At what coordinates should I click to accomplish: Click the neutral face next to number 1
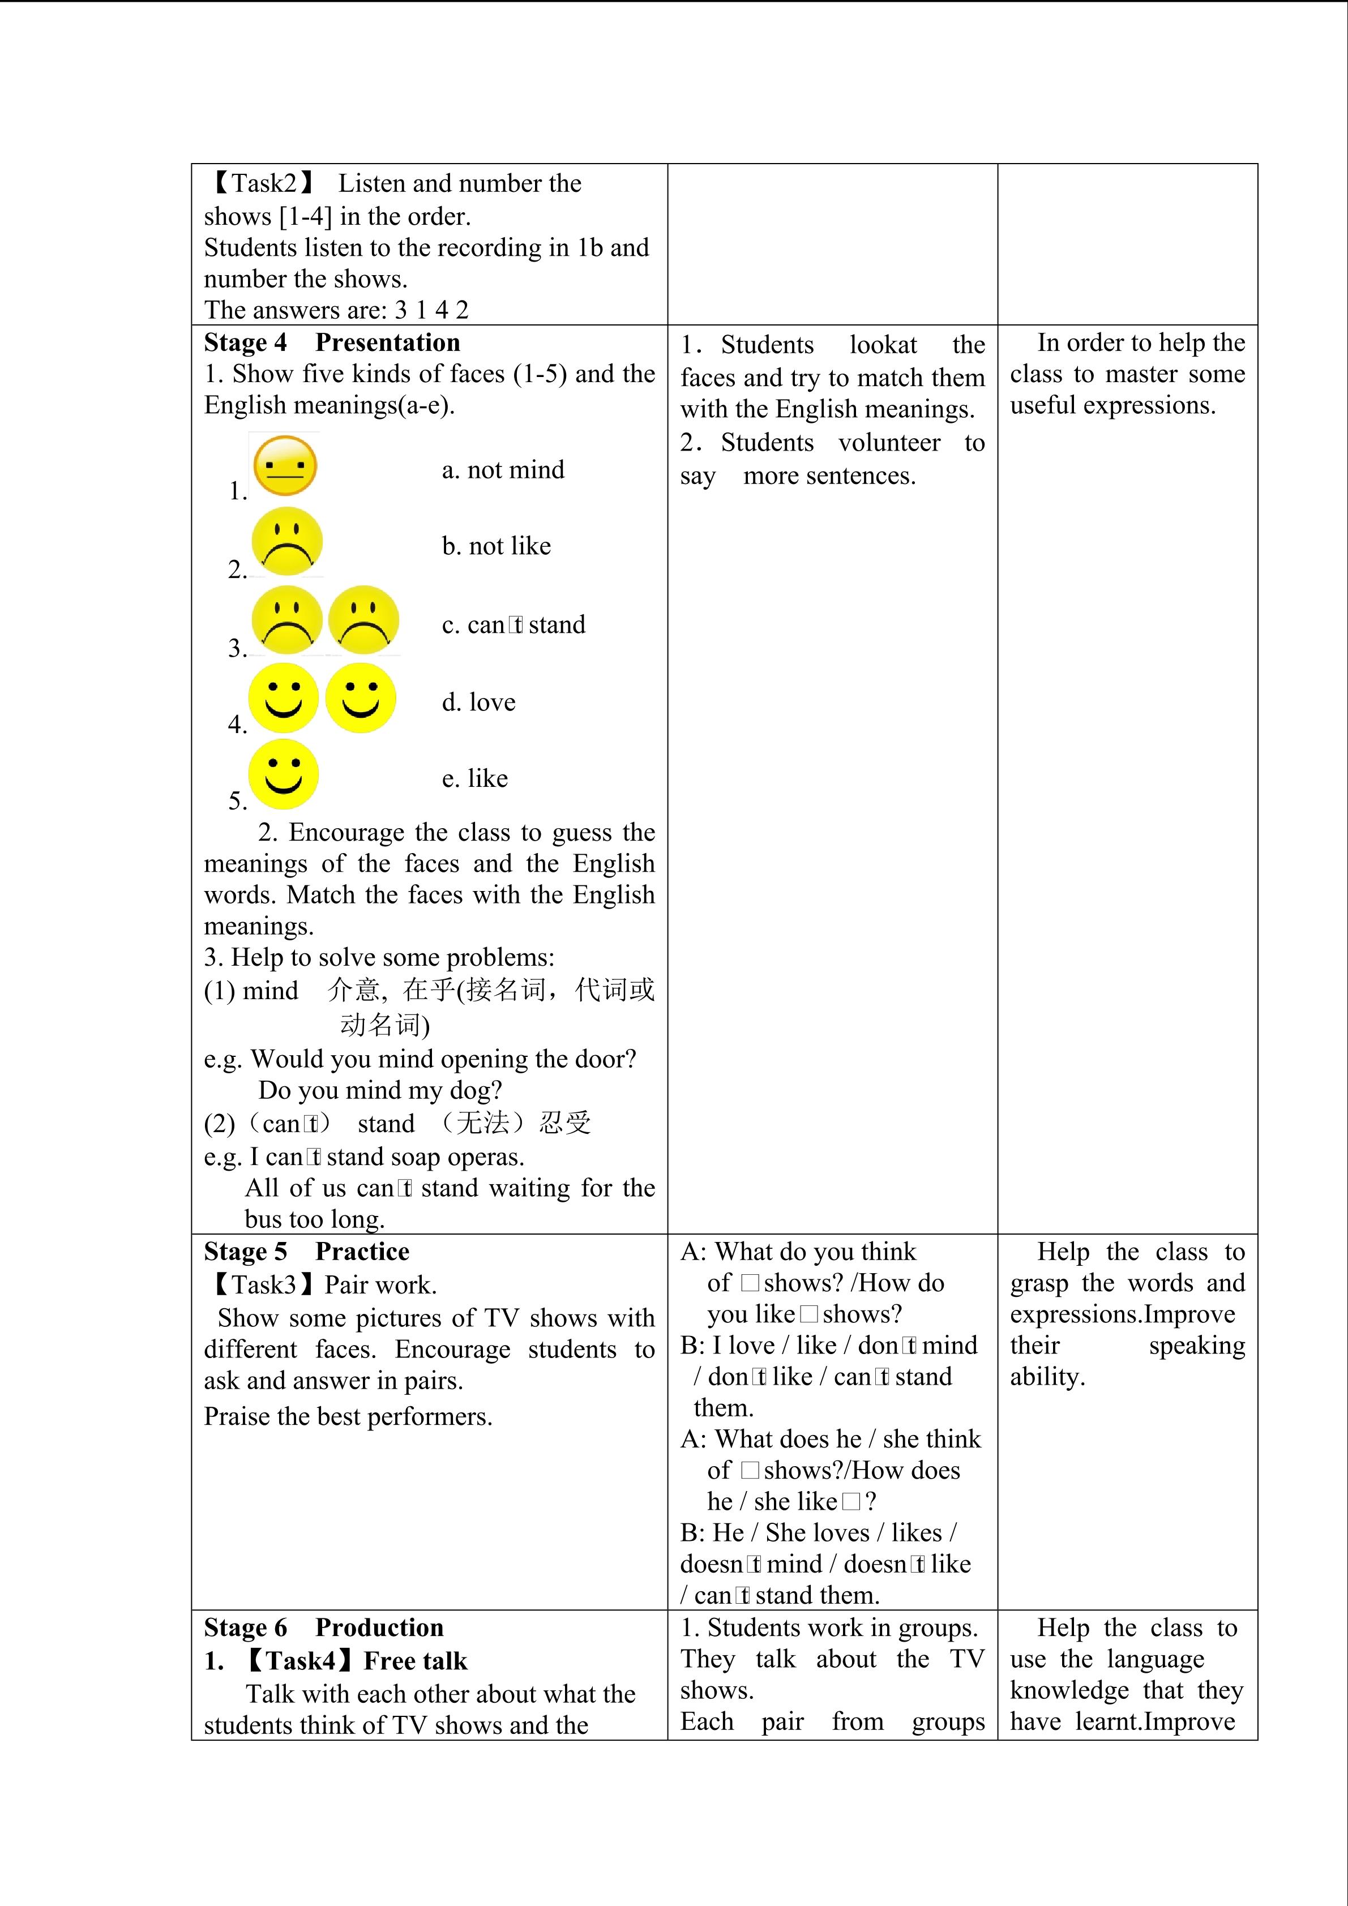coord(285,466)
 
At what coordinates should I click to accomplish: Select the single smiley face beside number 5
coord(283,774)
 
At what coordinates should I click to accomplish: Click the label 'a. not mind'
coord(502,470)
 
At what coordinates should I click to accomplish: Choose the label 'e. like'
coord(475,779)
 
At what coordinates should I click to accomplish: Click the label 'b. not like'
coord(497,546)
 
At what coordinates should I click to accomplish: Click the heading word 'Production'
coord(379,1627)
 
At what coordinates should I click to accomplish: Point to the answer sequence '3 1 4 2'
coord(431,310)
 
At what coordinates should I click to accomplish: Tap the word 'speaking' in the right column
coord(1196,1346)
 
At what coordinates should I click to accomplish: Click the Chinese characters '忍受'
coord(564,1123)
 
